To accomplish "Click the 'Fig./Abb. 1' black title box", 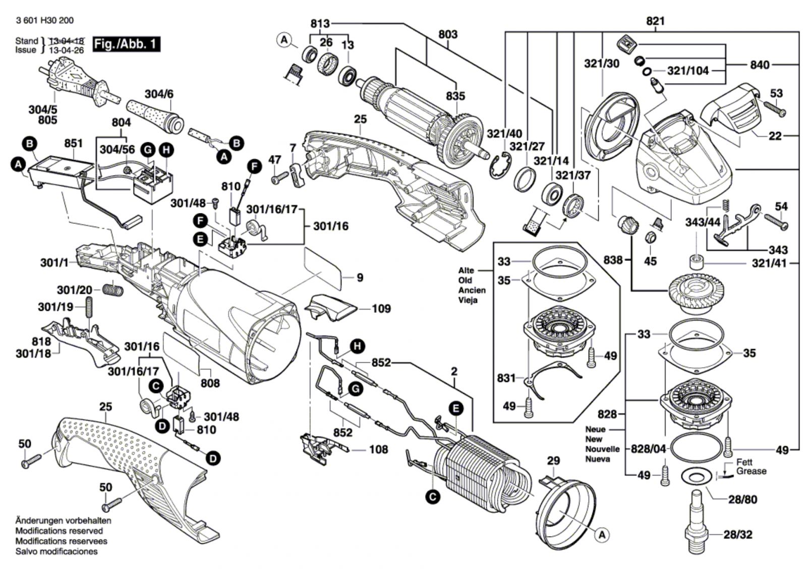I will tap(127, 44).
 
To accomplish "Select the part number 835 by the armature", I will tap(455, 96).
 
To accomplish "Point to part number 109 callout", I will tap(381, 308).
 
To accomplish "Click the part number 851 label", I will tap(73, 143).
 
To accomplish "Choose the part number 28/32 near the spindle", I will tap(737, 534).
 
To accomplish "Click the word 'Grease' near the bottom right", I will tap(751, 471).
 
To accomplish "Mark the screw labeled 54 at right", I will tap(776, 220).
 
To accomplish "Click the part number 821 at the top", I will tap(655, 21).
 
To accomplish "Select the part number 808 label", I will tap(210, 383).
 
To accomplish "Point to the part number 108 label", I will tap(378, 449).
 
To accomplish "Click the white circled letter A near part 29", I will tap(602, 535).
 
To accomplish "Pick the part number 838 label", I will tap(613, 260).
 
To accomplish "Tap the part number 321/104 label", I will tap(688, 71).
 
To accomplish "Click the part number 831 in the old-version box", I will tap(506, 378).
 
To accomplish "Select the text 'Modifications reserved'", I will tap(59, 531).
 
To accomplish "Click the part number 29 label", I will tap(553, 461).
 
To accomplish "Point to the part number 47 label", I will tap(274, 159).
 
